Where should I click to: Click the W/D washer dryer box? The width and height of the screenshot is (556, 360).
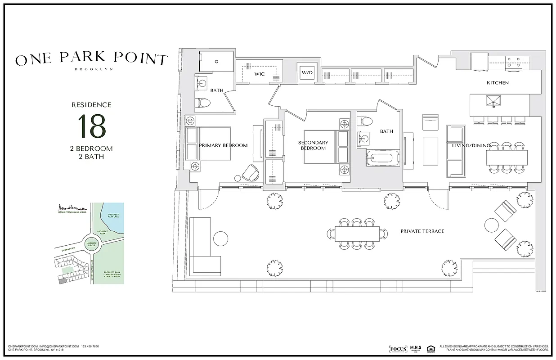[x=307, y=72]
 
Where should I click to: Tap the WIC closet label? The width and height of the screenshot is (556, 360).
[x=260, y=74]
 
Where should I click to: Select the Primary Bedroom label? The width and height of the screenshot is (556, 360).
[x=223, y=145]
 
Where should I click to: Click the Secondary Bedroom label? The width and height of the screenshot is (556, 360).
[x=313, y=145]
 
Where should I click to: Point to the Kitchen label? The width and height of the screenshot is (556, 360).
[x=498, y=83]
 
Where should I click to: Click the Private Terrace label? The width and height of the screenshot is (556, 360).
[x=422, y=231]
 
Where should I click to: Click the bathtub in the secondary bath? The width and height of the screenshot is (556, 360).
[x=383, y=159]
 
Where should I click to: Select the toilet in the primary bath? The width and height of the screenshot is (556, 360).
[x=204, y=103]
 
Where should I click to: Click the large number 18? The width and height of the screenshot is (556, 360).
[x=92, y=126]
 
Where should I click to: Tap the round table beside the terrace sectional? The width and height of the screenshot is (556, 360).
[x=220, y=238]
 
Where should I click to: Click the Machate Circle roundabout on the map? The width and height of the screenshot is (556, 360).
[x=92, y=244]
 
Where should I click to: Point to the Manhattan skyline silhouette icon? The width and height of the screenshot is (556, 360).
[x=72, y=207]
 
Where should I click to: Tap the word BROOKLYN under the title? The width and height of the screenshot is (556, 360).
[x=94, y=69]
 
